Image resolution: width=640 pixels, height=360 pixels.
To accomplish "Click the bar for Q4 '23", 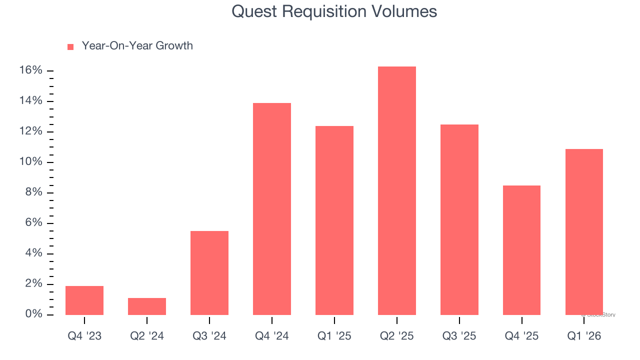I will [84, 300].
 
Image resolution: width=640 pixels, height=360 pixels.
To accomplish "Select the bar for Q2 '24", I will [147, 306].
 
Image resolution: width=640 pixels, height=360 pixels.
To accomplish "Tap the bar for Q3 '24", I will [209, 273].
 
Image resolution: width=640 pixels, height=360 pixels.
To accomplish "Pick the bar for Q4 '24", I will [272, 209].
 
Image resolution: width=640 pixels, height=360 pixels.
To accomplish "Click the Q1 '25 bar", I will [334, 220].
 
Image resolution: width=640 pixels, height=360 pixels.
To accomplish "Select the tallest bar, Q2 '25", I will [397, 190].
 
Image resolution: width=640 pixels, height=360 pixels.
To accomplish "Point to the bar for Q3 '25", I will [459, 219].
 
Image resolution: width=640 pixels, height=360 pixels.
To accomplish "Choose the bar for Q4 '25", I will [521, 250].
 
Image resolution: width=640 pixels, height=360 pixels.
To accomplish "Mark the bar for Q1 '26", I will [584, 232].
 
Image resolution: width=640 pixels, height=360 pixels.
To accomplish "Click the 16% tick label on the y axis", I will [30, 70].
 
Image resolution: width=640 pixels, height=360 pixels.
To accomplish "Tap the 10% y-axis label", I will [30, 162].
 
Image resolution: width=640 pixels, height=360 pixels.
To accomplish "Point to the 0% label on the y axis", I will [33, 314].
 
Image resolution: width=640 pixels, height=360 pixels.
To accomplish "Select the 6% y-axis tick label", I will [33, 223].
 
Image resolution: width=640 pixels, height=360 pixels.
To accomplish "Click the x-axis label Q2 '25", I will [397, 336].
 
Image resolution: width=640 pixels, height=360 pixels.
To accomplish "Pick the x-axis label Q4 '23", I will [84, 336].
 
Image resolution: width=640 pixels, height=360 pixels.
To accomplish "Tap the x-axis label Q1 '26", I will [584, 336].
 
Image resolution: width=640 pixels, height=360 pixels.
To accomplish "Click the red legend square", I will [70, 46].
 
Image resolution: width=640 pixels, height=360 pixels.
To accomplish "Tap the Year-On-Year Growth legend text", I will [137, 46].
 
